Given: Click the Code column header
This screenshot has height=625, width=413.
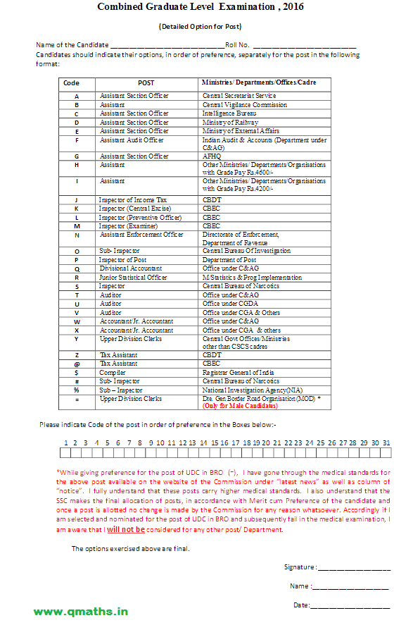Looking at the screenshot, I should pos(71,82).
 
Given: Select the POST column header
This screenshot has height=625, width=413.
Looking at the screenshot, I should pos(146,82).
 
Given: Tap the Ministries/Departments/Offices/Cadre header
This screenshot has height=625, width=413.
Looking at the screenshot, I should pos(258,82).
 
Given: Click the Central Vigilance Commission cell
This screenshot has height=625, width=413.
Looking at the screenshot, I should pos(244,104).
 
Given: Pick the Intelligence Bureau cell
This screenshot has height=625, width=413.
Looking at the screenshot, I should pos(229,113).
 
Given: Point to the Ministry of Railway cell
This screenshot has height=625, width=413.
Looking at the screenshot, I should pos(230,122).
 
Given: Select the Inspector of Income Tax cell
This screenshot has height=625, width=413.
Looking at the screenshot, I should pos(133,200).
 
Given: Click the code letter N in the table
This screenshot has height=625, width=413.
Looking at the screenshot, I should pos(77,235).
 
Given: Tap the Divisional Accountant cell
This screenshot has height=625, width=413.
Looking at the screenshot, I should pos(131,268).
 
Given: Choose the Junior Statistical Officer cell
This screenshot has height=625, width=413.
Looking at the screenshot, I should pos(134,278).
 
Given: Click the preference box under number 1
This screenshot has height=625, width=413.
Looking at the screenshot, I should pos(65,452).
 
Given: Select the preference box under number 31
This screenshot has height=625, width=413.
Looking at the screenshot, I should pos(386,452).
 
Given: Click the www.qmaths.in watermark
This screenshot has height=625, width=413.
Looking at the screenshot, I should pos(81,612).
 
